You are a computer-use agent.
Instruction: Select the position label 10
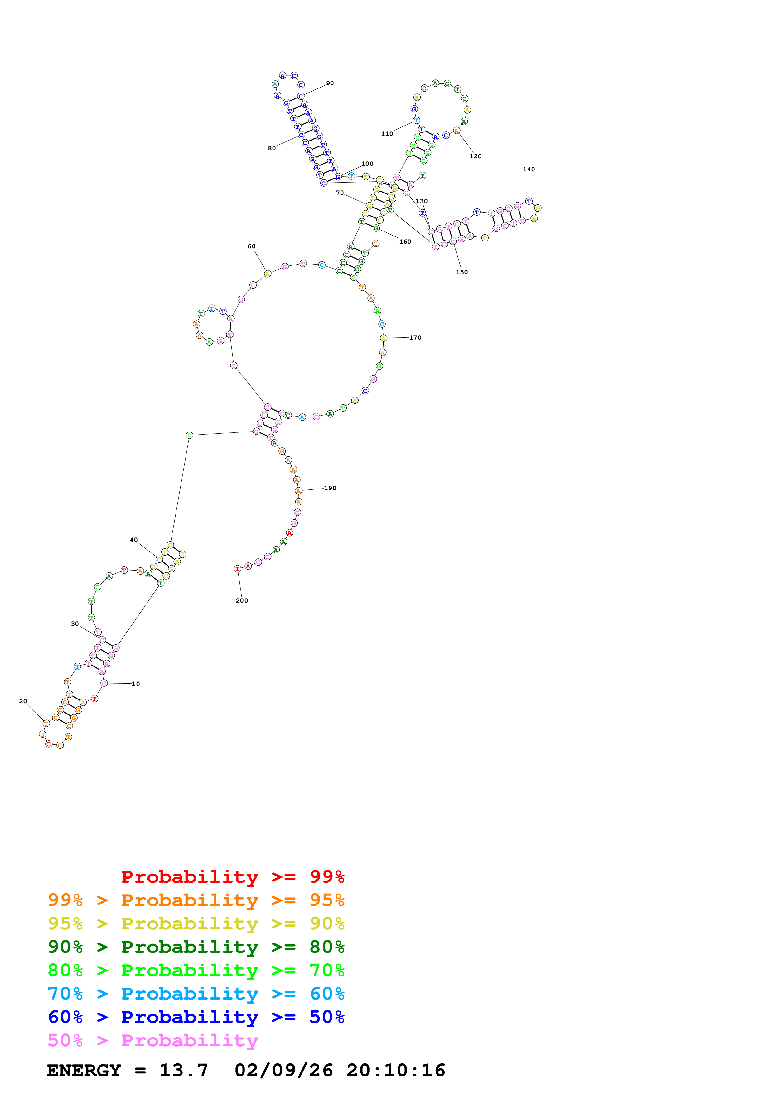(136, 684)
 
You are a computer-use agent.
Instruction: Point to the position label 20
(23, 701)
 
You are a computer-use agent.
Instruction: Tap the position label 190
(330, 489)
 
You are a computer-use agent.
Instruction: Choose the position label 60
(251, 246)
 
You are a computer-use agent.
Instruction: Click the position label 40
(134, 540)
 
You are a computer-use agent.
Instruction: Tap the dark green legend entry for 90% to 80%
(196, 947)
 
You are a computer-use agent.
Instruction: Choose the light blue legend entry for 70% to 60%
(196, 994)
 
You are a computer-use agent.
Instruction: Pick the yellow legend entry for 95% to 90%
(196, 924)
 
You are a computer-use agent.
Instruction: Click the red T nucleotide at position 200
(237, 569)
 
